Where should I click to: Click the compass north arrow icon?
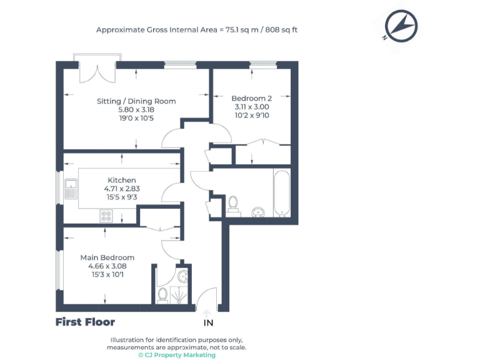(401, 26)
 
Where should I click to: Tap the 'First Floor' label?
(85, 322)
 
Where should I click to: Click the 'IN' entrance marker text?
(208, 323)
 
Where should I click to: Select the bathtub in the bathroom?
(281, 193)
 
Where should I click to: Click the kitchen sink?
(71, 184)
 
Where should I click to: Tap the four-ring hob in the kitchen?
(106, 216)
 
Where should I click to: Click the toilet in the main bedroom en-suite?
(162, 294)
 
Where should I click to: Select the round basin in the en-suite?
(182, 276)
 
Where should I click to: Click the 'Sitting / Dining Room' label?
(136, 101)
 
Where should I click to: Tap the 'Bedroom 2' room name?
(251, 98)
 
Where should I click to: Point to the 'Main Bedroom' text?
(107, 257)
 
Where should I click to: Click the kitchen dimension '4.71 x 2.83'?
(121, 188)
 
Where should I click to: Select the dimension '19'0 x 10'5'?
(136, 117)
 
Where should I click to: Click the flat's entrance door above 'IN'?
(206, 306)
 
